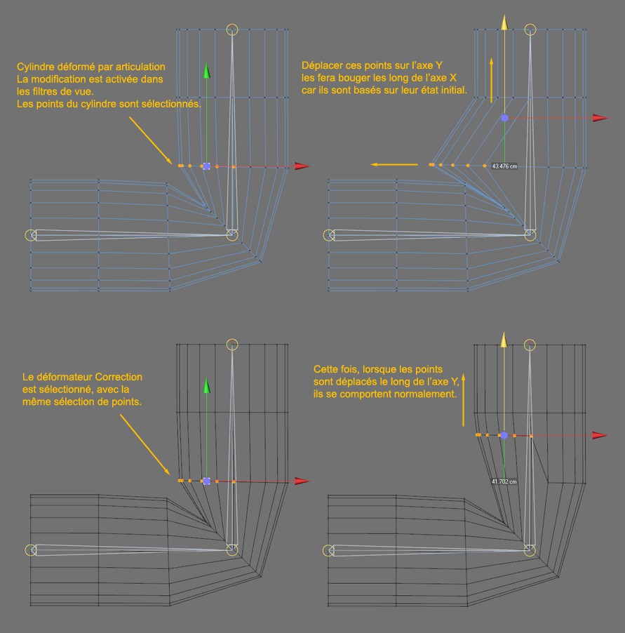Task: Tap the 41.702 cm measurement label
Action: click(504, 482)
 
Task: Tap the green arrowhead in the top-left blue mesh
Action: click(206, 70)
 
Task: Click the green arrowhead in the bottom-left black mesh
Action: click(206, 385)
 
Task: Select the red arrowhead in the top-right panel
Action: click(598, 119)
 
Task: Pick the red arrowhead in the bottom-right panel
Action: click(598, 435)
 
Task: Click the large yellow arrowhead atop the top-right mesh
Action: click(504, 22)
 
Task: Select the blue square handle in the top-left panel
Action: click(206, 166)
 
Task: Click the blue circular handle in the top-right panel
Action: click(504, 119)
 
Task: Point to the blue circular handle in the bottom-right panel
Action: click(504, 435)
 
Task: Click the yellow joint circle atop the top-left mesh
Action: click(233, 29)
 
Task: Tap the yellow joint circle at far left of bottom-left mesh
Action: click(30, 550)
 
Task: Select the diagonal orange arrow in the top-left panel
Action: click(149, 139)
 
